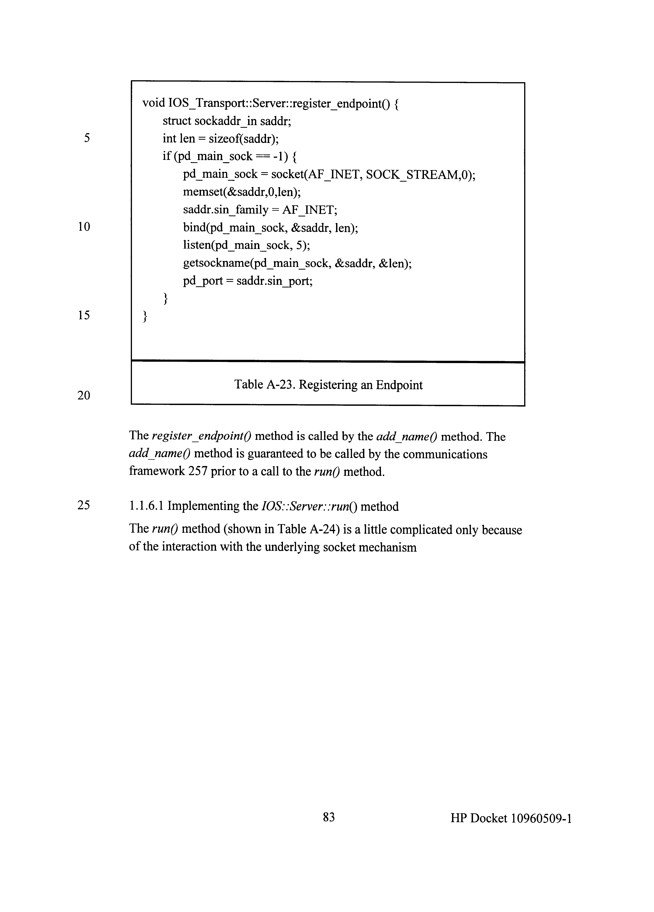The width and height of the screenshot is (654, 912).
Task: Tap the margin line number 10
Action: [84, 227]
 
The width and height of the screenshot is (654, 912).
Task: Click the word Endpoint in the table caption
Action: [399, 385]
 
